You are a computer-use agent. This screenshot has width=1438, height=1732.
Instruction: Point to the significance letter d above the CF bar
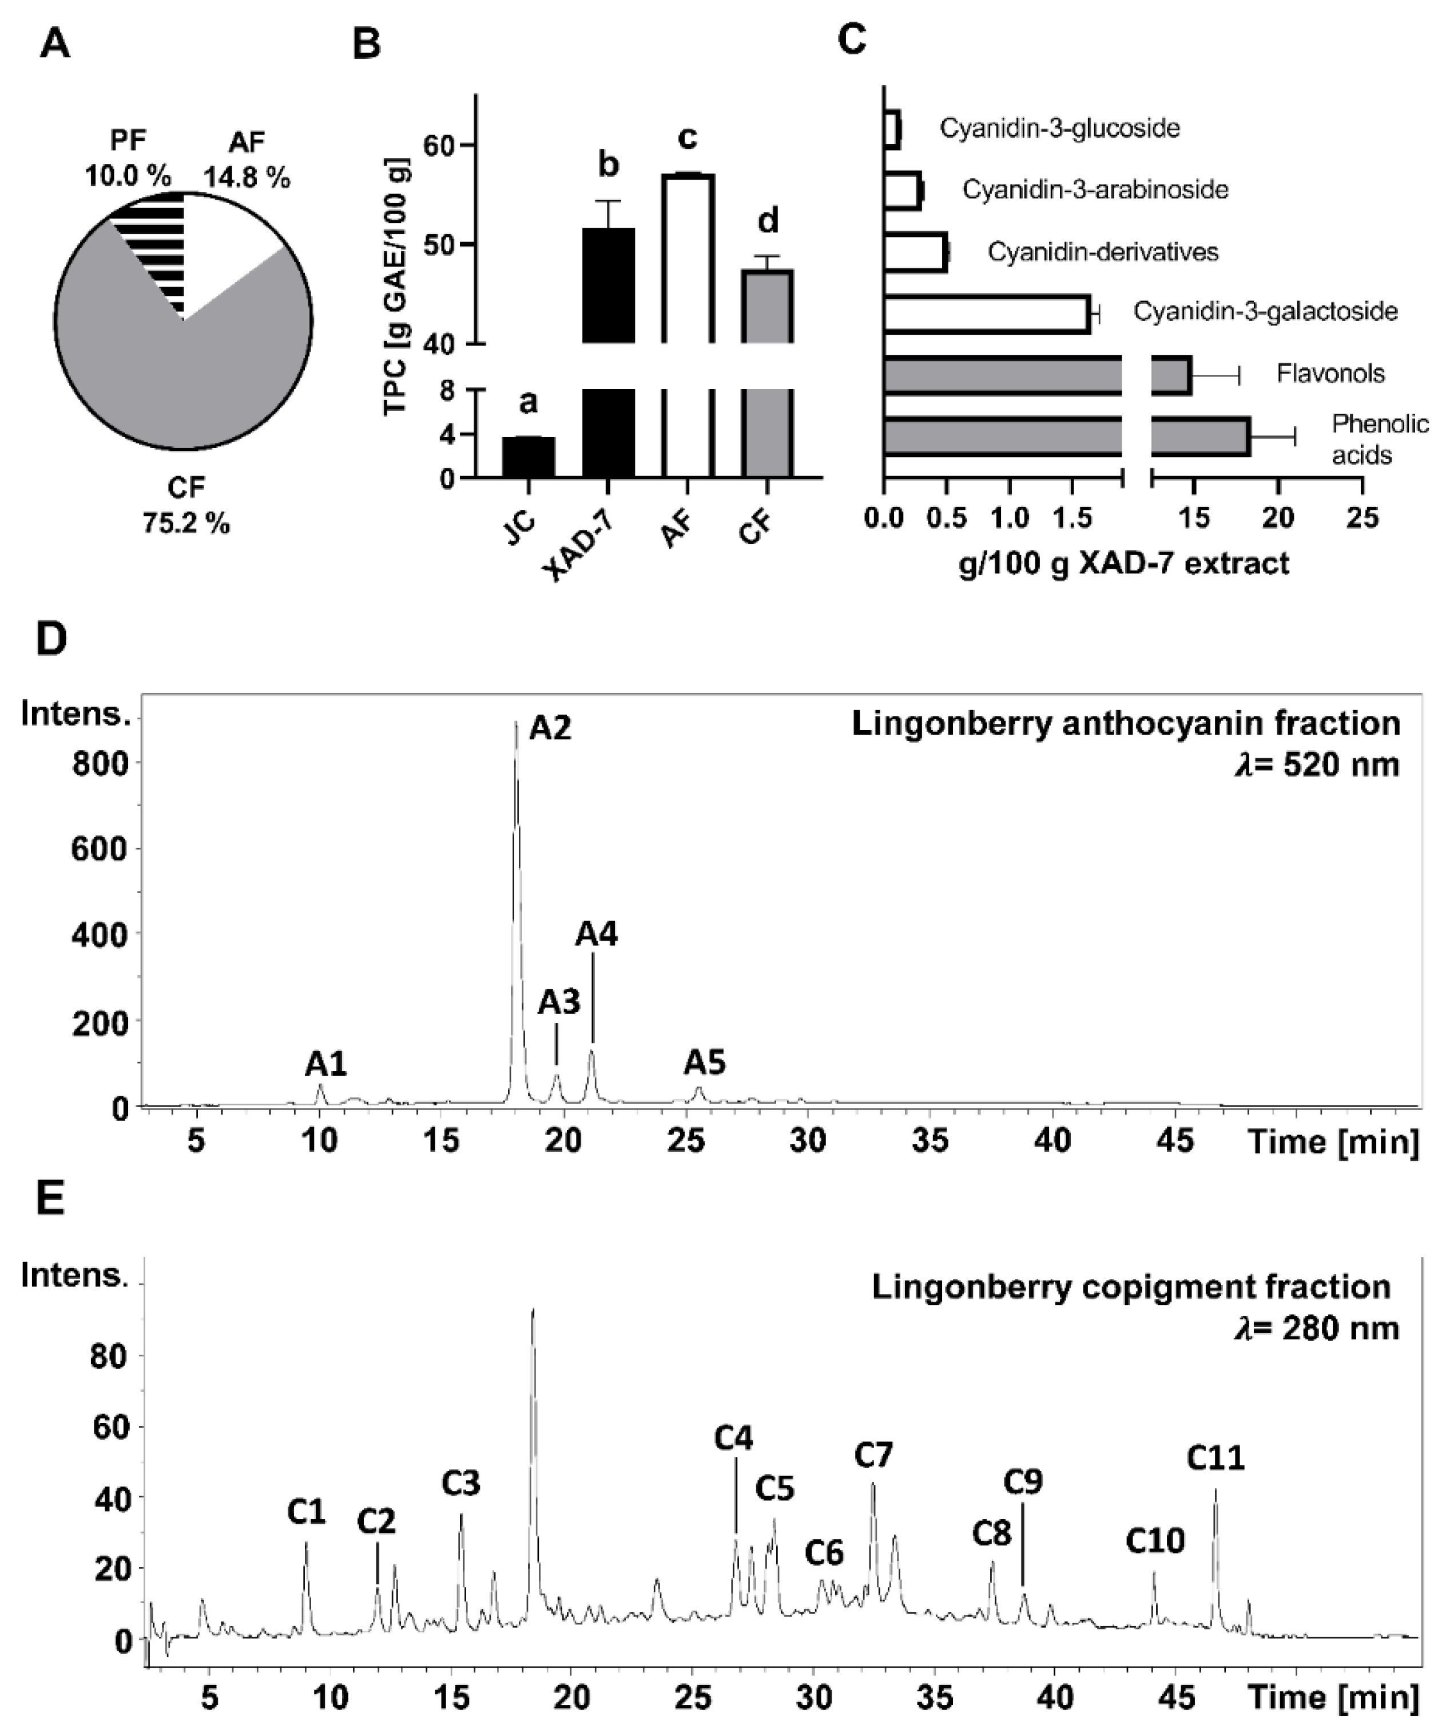click(768, 221)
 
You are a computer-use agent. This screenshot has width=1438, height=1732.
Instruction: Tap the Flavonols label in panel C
click(1330, 374)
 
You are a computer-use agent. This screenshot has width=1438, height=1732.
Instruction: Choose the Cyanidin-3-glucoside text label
click(1059, 129)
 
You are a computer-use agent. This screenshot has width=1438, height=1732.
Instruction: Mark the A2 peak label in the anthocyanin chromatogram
click(550, 728)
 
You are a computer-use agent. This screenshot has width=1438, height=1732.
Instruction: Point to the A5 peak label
click(704, 1063)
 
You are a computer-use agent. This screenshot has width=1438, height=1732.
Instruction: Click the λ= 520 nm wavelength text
click(1316, 764)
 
